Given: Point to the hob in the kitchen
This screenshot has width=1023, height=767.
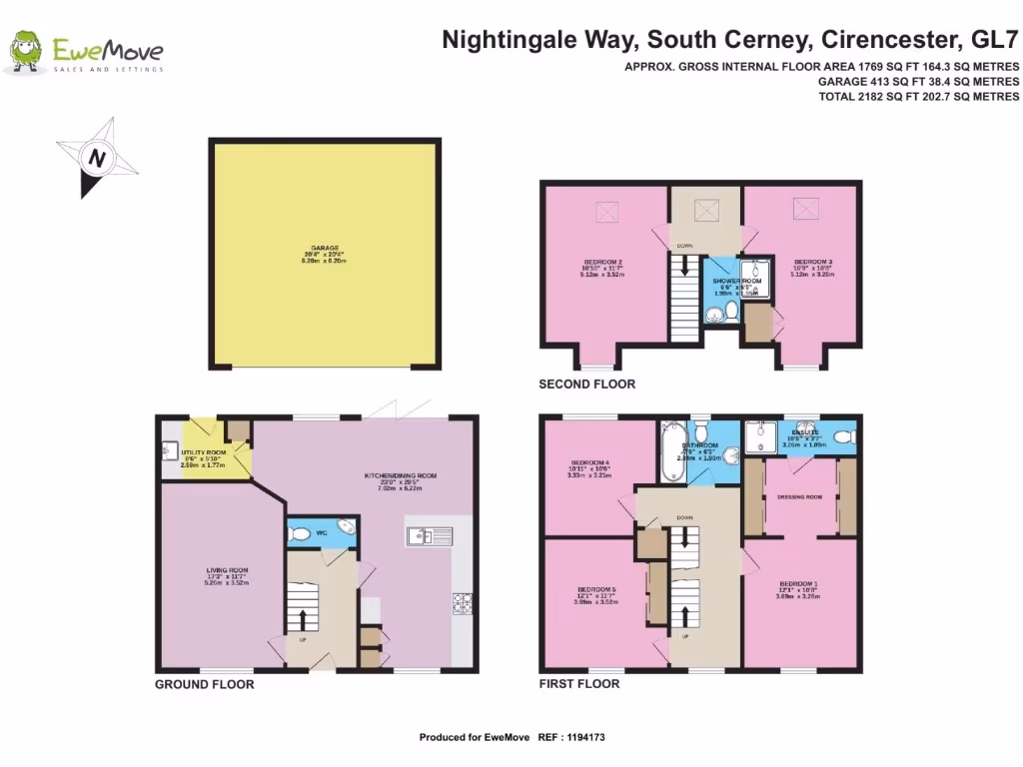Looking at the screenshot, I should click(463, 603).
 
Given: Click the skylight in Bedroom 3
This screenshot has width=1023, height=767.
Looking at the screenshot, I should click(802, 209).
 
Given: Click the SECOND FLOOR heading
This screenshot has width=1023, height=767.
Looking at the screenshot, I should click(586, 384).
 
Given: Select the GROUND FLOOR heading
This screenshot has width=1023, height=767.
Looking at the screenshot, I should click(204, 685).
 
